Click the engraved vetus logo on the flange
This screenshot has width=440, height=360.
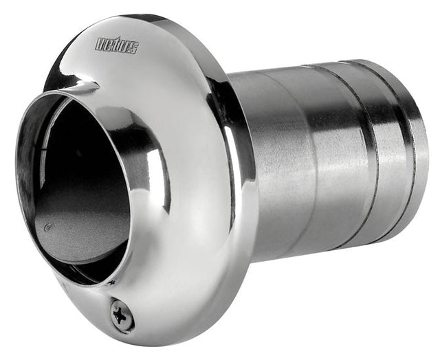117,45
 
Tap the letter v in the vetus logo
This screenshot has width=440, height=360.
99,43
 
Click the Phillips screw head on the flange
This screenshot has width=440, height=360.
123,315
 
